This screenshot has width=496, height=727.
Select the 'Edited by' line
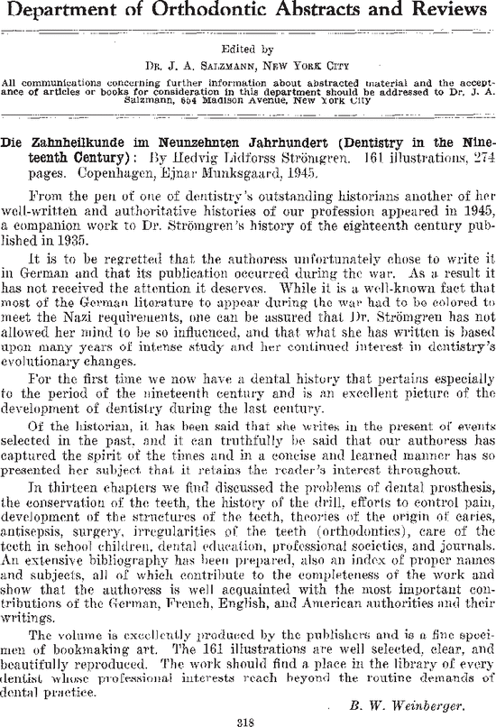247,51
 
